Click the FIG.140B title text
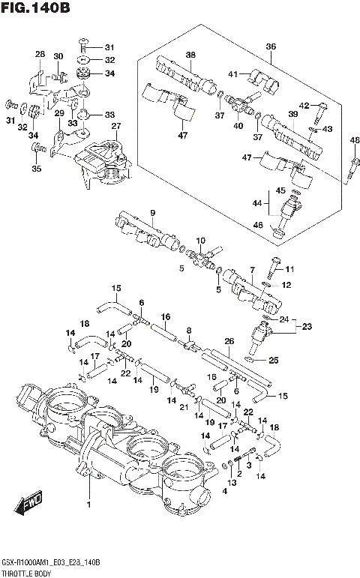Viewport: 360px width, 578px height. (x=35, y=10)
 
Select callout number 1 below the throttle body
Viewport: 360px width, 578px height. (x=89, y=505)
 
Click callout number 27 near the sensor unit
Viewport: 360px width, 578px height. (x=115, y=126)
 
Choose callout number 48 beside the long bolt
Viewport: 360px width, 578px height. (x=354, y=140)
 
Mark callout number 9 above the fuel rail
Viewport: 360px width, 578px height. (x=152, y=213)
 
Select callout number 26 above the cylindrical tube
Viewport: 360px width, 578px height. (x=229, y=341)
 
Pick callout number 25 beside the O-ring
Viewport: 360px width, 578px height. (x=274, y=361)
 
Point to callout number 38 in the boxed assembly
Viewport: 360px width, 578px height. (x=190, y=55)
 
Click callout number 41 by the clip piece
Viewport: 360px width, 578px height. (x=233, y=73)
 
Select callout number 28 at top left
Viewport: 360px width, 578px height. (x=40, y=54)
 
